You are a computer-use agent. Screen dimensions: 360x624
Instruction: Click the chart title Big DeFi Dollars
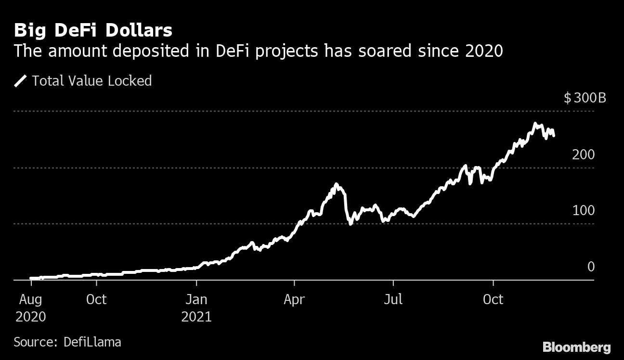coord(93,31)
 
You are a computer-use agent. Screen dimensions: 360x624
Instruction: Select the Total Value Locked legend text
coord(91,81)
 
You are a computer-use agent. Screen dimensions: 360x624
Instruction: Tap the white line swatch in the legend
coord(21,81)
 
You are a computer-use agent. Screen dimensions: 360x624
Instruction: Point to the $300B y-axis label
coord(585,99)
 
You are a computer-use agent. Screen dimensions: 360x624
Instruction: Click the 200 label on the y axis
coord(584,155)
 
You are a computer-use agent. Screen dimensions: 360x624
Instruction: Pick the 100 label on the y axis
coord(584,211)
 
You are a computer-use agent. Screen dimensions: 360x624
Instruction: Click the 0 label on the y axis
coord(591,267)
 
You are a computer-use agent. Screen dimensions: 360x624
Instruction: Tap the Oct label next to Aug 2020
coord(96,299)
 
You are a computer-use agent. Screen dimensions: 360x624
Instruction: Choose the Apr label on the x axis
coord(294,299)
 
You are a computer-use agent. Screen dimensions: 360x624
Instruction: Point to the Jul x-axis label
coord(393,299)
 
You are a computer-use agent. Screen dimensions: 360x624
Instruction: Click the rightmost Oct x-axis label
coord(493,299)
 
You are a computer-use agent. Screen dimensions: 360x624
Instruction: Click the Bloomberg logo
coord(576,347)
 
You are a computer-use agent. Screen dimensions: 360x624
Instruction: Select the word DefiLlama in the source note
coord(92,342)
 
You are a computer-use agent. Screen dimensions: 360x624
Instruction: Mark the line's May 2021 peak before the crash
coord(336,184)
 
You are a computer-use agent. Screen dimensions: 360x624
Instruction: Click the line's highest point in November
coord(535,124)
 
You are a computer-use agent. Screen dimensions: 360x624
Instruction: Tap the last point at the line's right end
coord(554,136)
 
